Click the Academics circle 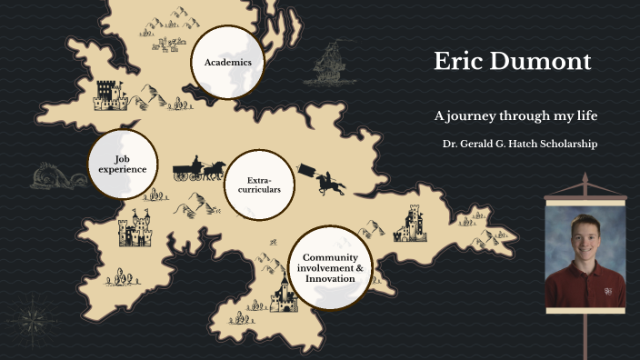pyautogui.click(x=227, y=62)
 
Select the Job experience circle pyautogui.click(x=123, y=164)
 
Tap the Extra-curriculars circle pyautogui.click(x=259, y=185)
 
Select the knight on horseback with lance pyautogui.click(x=326, y=180)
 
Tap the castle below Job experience pyautogui.click(x=135, y=229)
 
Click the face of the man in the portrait pyautogui.click(x=585, y=234)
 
